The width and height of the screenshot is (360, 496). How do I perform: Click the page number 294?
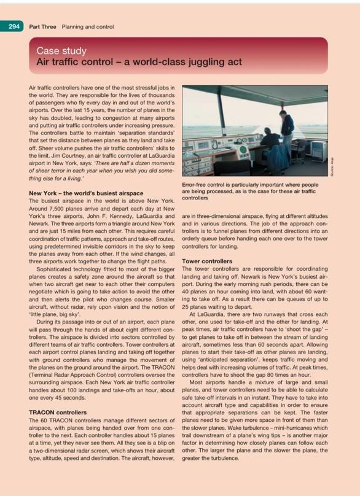(12, 26)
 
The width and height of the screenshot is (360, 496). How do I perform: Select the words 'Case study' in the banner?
(61, 51)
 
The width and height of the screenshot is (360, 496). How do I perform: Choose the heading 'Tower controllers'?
(208, 261)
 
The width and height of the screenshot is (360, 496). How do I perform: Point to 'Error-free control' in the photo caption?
(208, 184)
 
